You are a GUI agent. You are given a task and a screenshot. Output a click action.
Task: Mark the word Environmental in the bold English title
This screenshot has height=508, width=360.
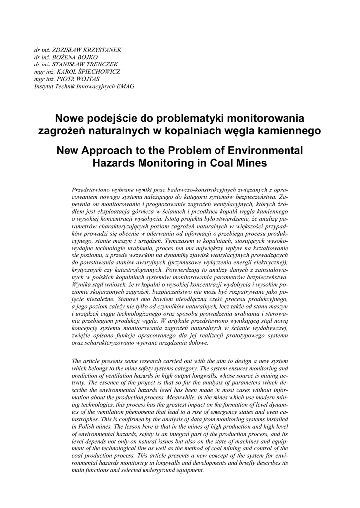pos(263,150)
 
